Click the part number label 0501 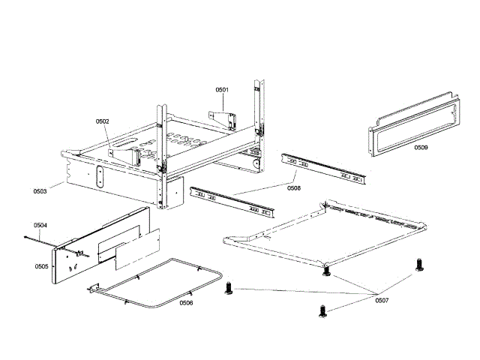pos(223,90)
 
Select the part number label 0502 pos(103,121)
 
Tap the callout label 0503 pos(40,191)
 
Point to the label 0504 pos(40,225)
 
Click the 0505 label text pos(41,266)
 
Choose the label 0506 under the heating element pos(185,302)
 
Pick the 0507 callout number pos(382,300)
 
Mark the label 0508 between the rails pos(294,188)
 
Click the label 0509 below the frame pos(421,148)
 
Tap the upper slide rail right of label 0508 pos(325,169)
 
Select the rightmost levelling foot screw pos(418,265)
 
